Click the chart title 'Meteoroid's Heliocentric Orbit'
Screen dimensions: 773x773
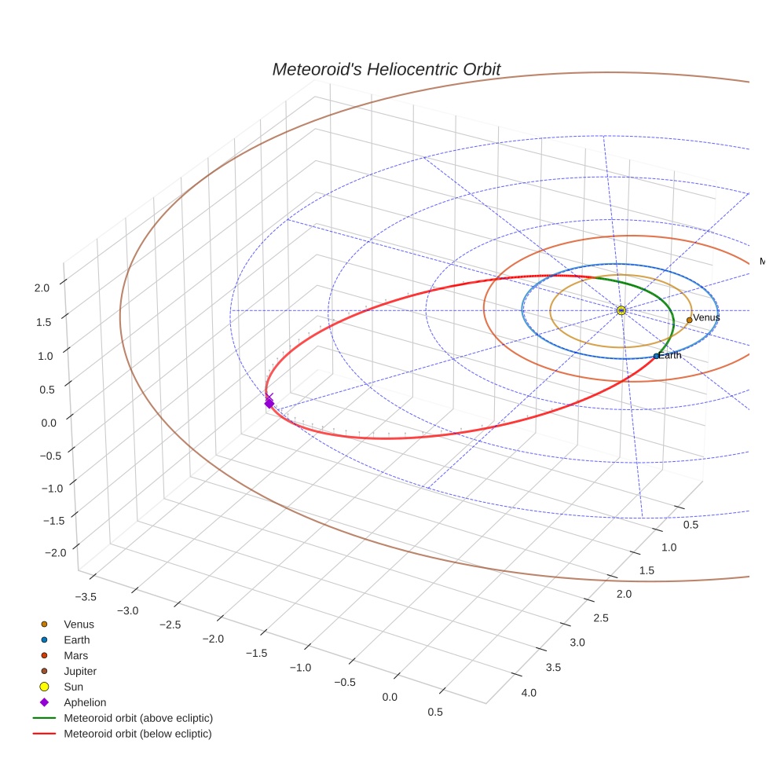click(386, 69)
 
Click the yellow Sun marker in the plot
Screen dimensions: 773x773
click(621, 311)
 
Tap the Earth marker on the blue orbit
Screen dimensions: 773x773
click(656, 356)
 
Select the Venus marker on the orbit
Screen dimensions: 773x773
click(689, 320)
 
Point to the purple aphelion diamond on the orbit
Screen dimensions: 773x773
click(269, 403)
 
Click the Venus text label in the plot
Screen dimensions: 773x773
click(706, 317)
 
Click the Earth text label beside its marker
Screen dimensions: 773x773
click(670, 356)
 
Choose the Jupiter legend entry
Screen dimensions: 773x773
click(79, 671)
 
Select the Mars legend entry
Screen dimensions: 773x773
click(75, 655)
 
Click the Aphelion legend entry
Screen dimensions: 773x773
click(84, 702)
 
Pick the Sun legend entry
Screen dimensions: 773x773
click(73, 687)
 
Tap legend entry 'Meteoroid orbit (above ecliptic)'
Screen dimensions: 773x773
click(138, 718)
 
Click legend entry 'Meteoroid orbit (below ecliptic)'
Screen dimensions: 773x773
click(138, 734)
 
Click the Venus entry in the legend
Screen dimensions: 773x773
click(79, 624)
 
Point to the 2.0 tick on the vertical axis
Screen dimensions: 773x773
click(42, 288)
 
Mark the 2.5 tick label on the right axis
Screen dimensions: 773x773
click(600, 618)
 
